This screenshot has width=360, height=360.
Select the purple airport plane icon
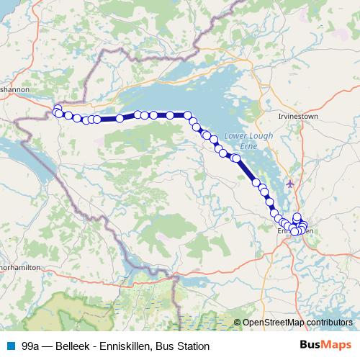(x=290, y=184)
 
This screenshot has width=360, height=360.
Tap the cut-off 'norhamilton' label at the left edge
(x=20, y=266)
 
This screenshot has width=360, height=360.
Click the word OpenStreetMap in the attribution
(x=274, y=323)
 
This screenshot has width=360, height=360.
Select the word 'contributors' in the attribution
(x=329, y=323)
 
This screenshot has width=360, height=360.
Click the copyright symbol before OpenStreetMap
(x=238, y=323)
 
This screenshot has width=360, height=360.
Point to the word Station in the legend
(x=193, y=346)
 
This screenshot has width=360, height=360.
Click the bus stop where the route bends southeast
(x=187, y=115)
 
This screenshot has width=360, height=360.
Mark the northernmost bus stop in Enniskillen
(x=297, y=217)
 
